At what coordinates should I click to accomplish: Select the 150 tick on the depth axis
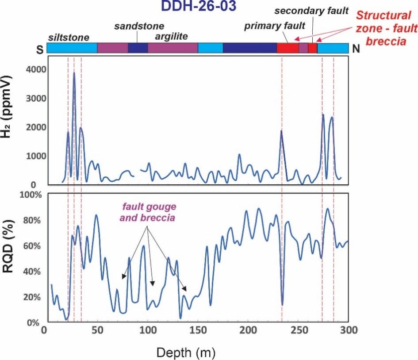tap(197, 330)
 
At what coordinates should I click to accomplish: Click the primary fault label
tap(269, 26)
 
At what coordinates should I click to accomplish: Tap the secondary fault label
tap(311, 11)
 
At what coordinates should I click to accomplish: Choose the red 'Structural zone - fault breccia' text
tap(387, 28)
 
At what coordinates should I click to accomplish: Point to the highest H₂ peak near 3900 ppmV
tap(74, 73)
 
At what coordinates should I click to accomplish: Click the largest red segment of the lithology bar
tap(288, 48)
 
